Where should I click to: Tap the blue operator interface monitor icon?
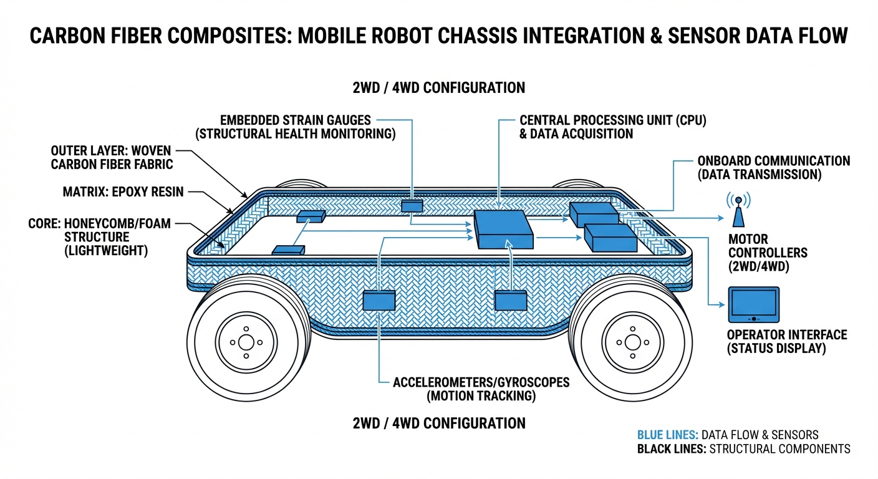click(x=754, y=304)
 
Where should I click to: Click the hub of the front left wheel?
click(x=246, y=342)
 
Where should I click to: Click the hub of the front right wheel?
click(x=632, y=342)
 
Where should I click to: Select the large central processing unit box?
click(x=504, y=230)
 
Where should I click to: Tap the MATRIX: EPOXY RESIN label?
click(x=123, y=192)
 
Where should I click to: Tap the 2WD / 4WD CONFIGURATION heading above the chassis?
click(x=438, y=87)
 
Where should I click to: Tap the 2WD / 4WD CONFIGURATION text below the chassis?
click(x=438, y=423)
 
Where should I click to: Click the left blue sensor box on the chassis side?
click(x=379, y=301)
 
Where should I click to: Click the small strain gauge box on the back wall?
click(x=412, y=205)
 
